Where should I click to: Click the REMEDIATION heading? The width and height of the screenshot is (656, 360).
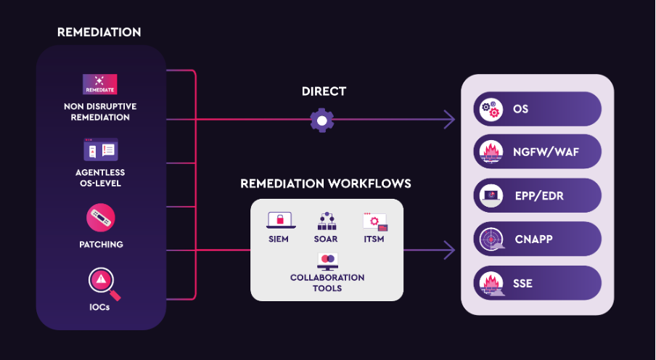(x=99, y=33)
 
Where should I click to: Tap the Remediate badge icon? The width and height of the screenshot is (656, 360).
(x=100, y=84)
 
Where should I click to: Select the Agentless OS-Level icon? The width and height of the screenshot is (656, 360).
(x=100, y=150)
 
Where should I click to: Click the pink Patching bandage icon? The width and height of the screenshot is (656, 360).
(x=101, y=218)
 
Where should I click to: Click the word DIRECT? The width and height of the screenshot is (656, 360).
(x=324, y=91)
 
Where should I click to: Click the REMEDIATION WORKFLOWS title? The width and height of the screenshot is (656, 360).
(x=326, y=184)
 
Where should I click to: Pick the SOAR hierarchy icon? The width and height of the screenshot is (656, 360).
(x=327, y=221)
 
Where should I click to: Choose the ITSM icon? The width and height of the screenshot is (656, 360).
(x=374, y=221)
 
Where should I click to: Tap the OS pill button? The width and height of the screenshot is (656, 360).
(x=538, y=110)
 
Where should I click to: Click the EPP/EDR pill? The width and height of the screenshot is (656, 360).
(x=538, y=195)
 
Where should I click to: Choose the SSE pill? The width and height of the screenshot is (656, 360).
(x=538, y=282)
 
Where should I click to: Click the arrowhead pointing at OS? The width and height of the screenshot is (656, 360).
(x=450, y=119)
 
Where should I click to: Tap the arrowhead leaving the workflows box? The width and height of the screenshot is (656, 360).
(x=450, y=250)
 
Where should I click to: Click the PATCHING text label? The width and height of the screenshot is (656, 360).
(x=101, y=245)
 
